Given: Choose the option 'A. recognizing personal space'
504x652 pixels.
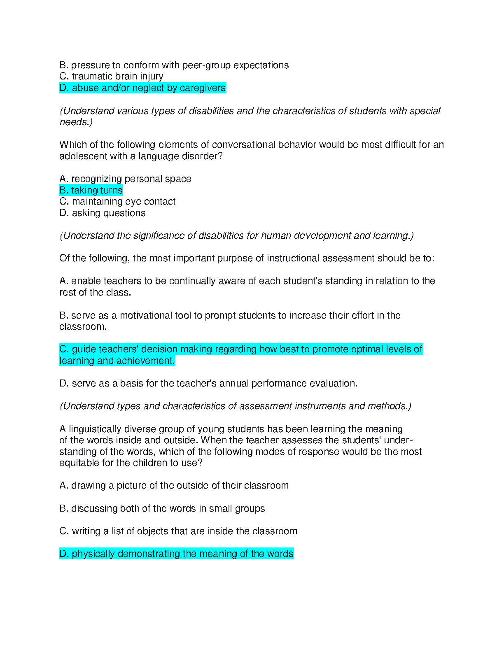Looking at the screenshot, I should coord(125,179).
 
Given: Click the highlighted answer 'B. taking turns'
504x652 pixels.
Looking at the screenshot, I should coord(91,190).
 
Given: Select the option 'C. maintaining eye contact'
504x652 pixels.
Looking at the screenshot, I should coord(117,201).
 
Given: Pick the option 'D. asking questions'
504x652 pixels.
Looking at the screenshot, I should coord(102,213).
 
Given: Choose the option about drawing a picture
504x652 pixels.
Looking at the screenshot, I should coord(174,485).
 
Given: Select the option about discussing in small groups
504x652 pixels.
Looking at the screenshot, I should coord(162,508).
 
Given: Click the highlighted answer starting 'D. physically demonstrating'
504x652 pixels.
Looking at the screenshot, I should coord(176,554).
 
